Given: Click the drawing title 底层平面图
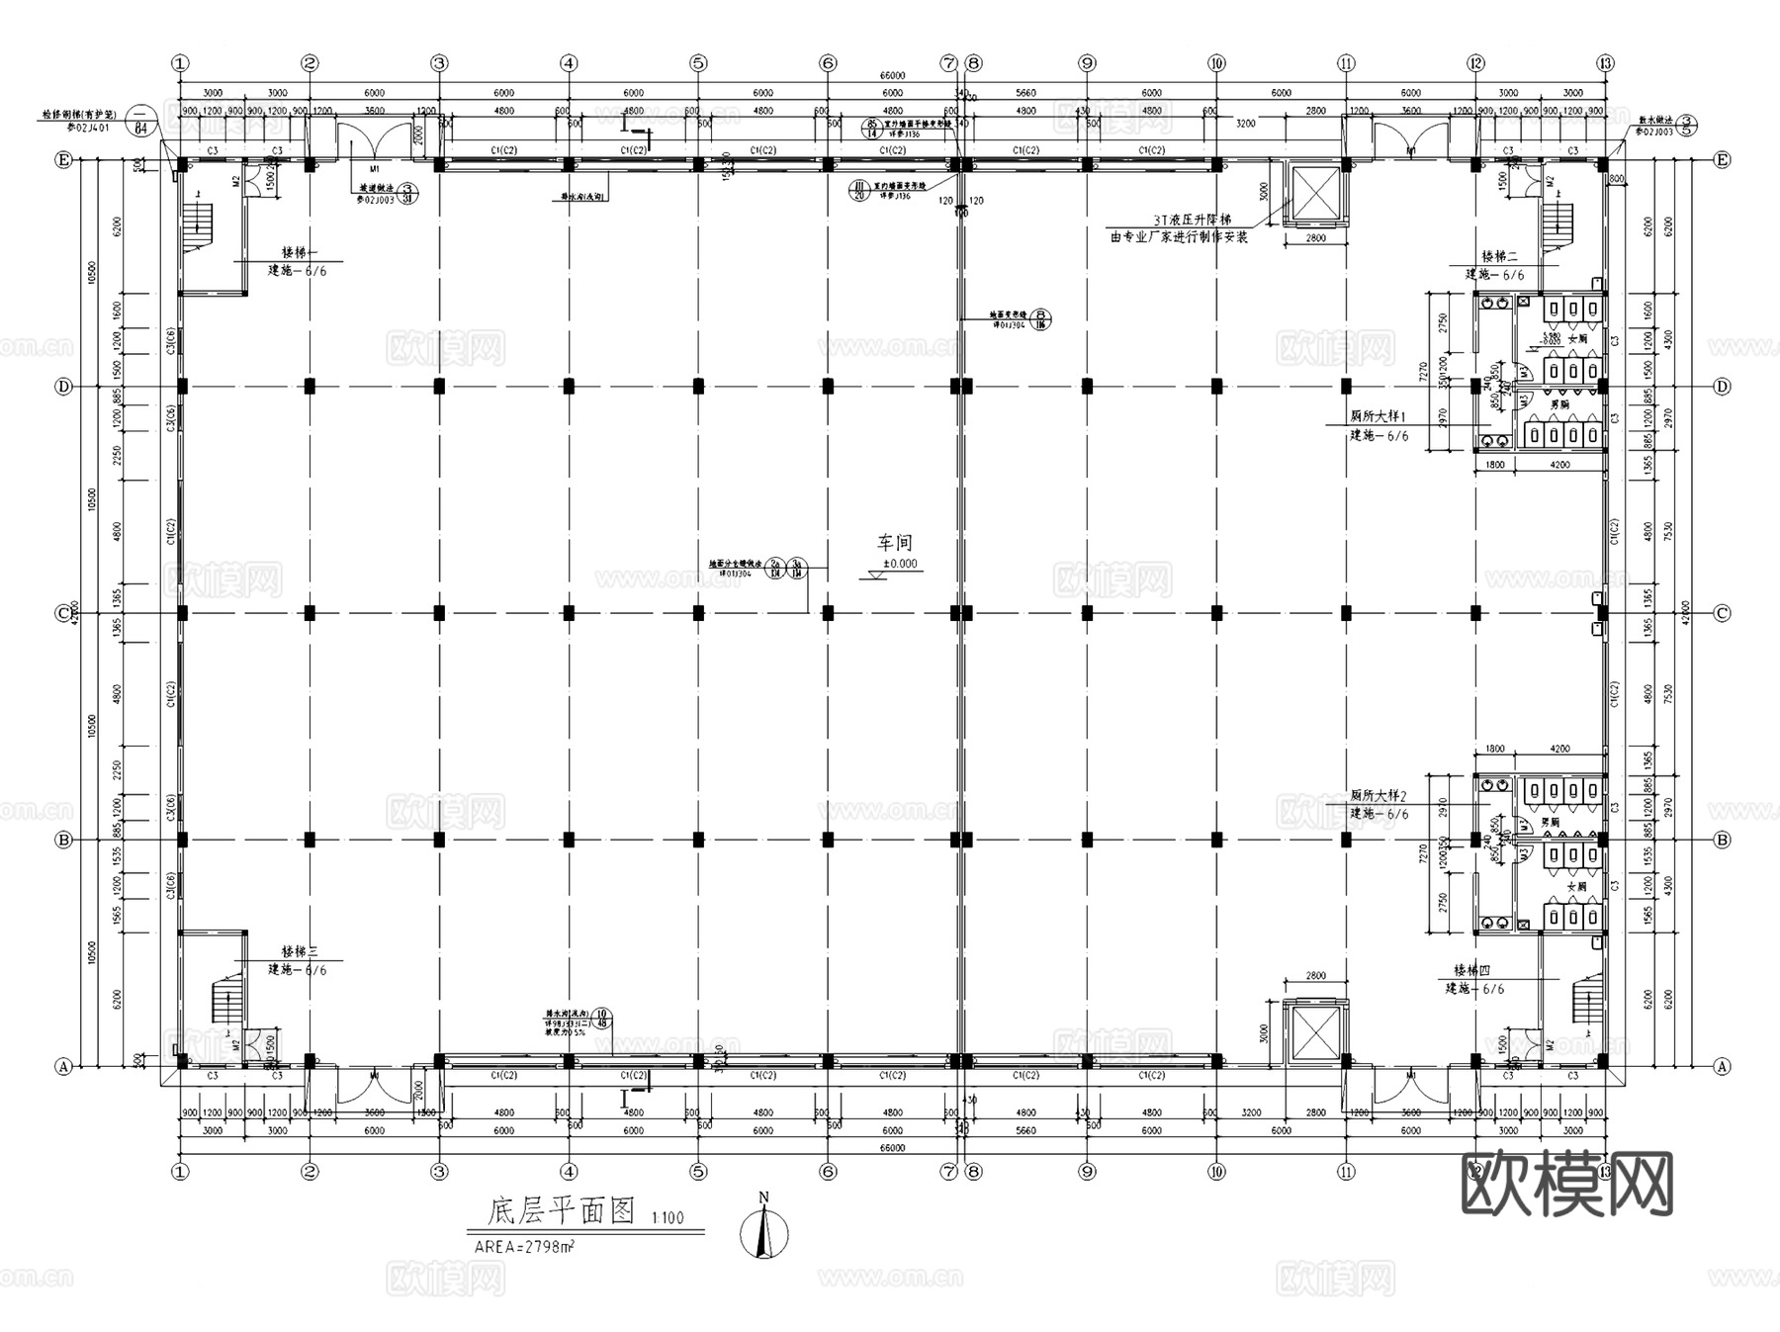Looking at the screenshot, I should point(561,1211).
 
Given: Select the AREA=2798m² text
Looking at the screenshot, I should point(524,1247).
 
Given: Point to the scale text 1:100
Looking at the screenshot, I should point(667,1218).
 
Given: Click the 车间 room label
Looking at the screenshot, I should point(895,543).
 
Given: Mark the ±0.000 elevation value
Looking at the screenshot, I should point(900,565).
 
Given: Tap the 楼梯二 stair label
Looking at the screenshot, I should point(1499,257).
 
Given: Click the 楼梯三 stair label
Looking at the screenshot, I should point(299,951).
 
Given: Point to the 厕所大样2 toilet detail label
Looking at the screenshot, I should point(1378,795).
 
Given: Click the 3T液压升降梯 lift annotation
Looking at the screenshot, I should point(1191,221).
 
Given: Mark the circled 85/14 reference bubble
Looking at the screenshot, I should point(871,128).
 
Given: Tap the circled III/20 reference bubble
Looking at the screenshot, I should point(859,189).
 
